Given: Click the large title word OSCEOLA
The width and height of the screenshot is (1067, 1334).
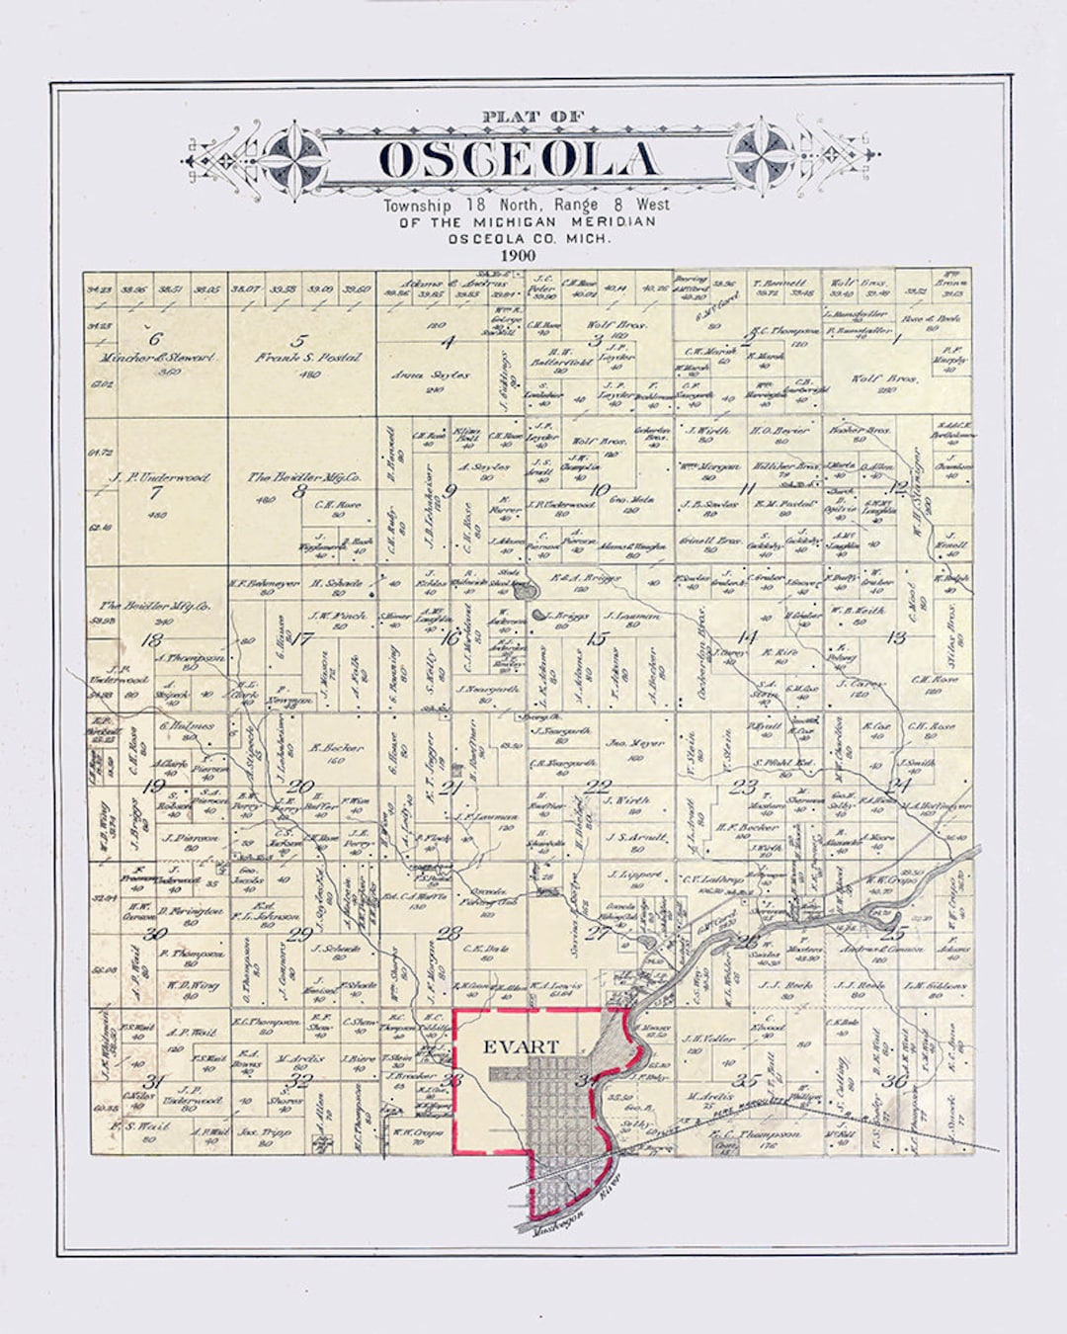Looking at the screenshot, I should pyautogui.click(x=520, y=160).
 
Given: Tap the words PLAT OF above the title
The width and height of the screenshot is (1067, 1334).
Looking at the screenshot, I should pyautogui.click(x=520, y=118).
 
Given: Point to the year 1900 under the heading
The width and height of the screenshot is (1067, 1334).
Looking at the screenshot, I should pyautogui.click(x=518, y=255).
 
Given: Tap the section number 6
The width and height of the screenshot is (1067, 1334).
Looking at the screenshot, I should pyautogui.click(x=155, y=338).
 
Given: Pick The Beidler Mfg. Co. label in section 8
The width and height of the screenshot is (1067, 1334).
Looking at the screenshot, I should pyautogui.click(x=304, y=476).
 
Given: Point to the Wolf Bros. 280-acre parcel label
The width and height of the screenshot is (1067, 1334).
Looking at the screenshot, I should pyautogui.click(x=885, y=377).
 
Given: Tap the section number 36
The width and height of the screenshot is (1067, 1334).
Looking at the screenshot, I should pyautogui.click(x=895, y=1081).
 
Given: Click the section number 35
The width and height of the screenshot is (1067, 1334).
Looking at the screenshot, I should pyautogui.click(x=753, y=1079).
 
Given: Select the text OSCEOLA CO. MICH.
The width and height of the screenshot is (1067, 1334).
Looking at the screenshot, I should pyautogui.click(x=529, y=238).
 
